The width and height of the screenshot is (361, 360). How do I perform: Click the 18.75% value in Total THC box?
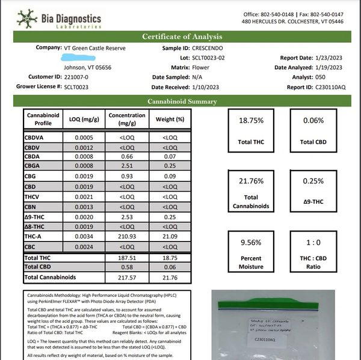[x=251, y=120]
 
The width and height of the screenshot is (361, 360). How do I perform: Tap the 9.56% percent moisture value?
[x=251, y=243]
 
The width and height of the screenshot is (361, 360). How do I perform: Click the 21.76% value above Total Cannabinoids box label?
[x=251, y=182]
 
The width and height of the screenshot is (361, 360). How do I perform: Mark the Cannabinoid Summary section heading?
[x=180, y=102]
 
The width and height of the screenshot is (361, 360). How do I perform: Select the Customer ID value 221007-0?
[x=62, y=77]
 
